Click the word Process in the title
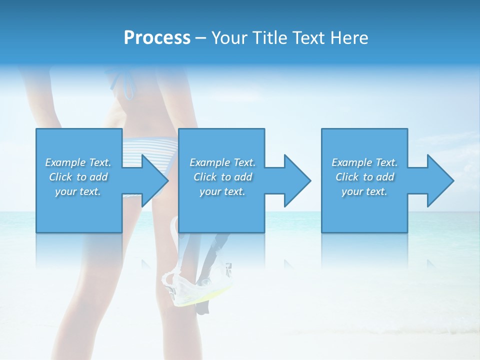157,38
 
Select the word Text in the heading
308,38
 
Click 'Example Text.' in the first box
78,162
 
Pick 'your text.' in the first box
78,191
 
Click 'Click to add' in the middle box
222,177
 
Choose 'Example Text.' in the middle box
222,162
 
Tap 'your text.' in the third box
364,191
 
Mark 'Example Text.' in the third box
364,162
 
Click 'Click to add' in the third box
364,177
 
